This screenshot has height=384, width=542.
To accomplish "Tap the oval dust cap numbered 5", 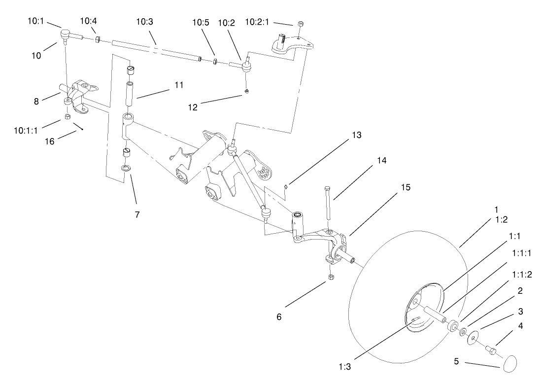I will point(510,365).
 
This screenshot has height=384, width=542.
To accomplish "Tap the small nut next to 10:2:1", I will point(301,23).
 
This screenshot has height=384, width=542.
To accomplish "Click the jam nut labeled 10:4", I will point(98,39).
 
